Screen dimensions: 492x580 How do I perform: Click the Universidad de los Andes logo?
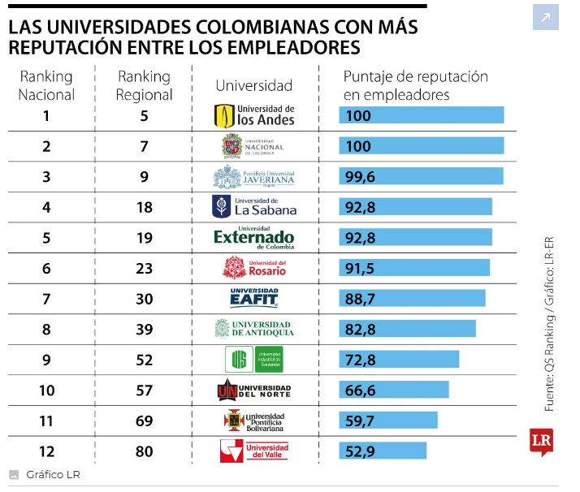253,115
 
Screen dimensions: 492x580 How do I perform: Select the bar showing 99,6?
421,176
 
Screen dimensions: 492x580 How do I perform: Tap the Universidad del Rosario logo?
253,267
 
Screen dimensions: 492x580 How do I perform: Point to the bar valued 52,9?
383,450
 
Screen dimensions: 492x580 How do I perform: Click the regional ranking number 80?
145,451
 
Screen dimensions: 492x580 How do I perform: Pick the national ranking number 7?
46,299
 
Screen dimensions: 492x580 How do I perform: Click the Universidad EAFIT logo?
253,298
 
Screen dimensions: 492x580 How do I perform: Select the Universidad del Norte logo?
253,391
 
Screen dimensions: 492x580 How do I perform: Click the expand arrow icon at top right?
546,17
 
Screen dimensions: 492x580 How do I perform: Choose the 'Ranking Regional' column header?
145,85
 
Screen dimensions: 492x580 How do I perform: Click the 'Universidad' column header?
253,85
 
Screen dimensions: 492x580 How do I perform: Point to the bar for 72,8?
399,359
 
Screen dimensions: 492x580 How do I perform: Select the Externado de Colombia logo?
253,237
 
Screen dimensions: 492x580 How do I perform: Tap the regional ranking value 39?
145,329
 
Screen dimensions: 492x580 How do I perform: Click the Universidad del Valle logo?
253,451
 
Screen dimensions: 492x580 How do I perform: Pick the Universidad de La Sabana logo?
253,206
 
